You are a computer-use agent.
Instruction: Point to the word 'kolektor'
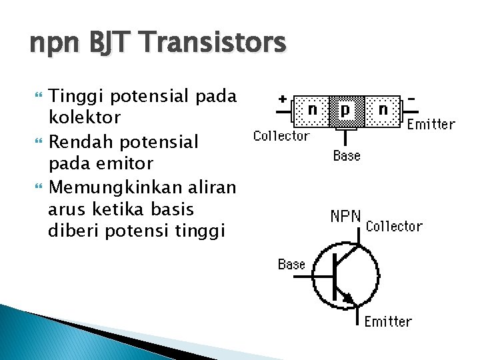[x=85, y=118]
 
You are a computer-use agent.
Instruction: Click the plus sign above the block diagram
[x=283, y=99]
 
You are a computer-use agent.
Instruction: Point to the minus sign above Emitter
[x=412, y=99]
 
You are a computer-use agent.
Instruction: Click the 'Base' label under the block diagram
[x=347, y=156]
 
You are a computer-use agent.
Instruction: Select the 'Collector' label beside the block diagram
[x=281, y=136]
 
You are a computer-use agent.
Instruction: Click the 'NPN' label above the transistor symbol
[x=346, y=217]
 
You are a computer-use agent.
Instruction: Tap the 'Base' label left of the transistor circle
[x=291, y=265]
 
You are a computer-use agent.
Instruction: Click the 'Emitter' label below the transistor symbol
[x=388, y=322]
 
